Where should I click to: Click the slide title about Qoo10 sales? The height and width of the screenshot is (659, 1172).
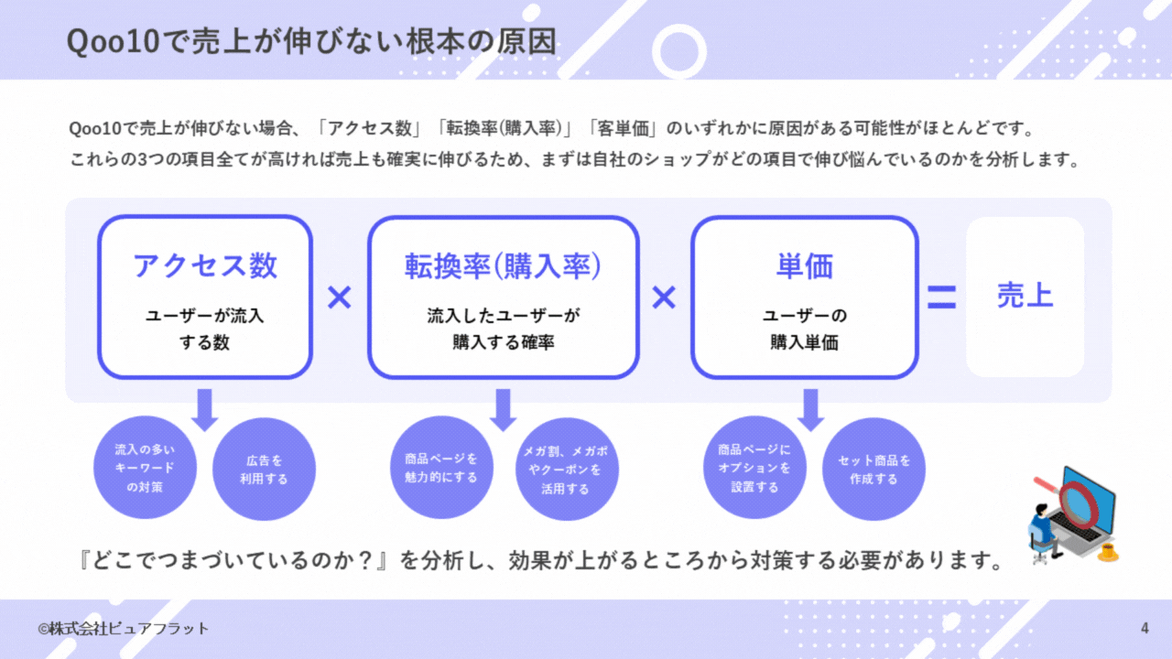311,41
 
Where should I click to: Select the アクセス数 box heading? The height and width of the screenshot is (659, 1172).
205,265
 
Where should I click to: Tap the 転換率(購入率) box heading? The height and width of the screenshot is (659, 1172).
503,265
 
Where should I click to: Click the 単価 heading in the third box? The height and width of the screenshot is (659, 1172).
804,265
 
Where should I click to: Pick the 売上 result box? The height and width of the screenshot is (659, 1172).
1025,297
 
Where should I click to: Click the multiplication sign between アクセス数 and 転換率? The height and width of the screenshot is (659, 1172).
340,297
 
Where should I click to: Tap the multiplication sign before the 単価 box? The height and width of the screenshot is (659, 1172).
664,297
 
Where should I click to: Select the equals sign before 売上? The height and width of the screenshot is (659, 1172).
941,297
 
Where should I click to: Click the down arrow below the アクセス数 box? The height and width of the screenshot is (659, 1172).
205,408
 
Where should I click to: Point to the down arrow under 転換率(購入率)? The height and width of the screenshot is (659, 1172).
503,408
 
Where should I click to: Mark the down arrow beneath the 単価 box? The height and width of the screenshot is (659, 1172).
810,408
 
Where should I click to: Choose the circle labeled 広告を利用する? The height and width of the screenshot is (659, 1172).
264,470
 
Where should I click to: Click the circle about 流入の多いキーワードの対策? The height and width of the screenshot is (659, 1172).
145,468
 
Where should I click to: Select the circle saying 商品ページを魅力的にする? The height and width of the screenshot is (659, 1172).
441,468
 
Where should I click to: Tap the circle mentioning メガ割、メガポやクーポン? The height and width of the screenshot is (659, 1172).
567,470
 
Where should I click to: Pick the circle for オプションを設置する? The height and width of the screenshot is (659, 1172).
754,468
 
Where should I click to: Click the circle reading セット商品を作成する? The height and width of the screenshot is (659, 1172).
874,470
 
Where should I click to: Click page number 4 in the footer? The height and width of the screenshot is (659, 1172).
1145,628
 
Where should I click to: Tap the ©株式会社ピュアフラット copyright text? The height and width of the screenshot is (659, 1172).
123,629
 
